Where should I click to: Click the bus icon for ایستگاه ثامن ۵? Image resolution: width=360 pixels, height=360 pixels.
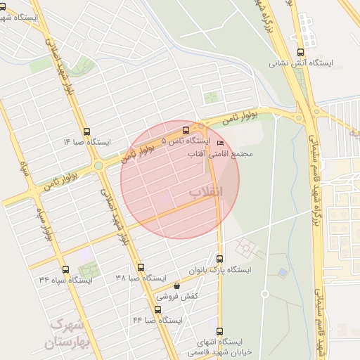186,130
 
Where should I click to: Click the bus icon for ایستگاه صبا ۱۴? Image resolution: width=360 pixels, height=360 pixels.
87,131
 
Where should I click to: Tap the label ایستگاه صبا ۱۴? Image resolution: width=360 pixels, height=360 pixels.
87,142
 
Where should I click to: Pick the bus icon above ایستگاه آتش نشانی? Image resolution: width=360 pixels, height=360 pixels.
301,51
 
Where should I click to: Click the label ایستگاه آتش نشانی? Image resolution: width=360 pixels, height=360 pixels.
301,63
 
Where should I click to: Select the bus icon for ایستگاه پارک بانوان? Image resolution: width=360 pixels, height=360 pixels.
220,259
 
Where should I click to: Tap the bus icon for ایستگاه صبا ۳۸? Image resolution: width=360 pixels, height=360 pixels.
141,267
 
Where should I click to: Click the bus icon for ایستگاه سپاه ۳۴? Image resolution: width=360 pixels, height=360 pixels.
65,269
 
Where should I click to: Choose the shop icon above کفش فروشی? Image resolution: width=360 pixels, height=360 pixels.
176,286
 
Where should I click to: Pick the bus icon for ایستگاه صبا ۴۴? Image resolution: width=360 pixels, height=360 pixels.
157,309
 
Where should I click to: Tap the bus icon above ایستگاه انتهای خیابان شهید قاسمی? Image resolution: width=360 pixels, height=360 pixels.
220,331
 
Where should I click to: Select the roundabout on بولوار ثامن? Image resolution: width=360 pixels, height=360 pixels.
99,166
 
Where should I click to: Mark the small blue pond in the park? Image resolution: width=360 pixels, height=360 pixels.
283,271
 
